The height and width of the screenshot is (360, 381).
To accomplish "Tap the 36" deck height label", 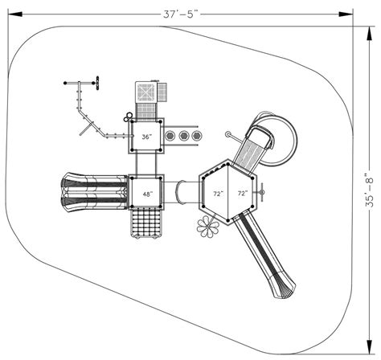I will (146, 137).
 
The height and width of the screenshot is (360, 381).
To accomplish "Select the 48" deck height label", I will (146, 194).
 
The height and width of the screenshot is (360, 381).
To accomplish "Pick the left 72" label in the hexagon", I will (218, 194).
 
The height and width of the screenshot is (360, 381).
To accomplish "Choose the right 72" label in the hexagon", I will (242, 194).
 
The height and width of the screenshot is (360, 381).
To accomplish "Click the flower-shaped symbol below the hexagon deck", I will (207, 226).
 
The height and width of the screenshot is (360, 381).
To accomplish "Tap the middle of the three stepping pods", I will (184, 137).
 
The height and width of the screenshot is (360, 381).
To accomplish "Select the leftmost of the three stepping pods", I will (171, 137).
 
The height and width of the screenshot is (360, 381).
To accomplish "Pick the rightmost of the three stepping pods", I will (196, 137).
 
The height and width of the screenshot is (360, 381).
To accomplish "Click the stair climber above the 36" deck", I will (147, 95).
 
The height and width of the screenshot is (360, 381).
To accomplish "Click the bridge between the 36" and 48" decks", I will (146, 164).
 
